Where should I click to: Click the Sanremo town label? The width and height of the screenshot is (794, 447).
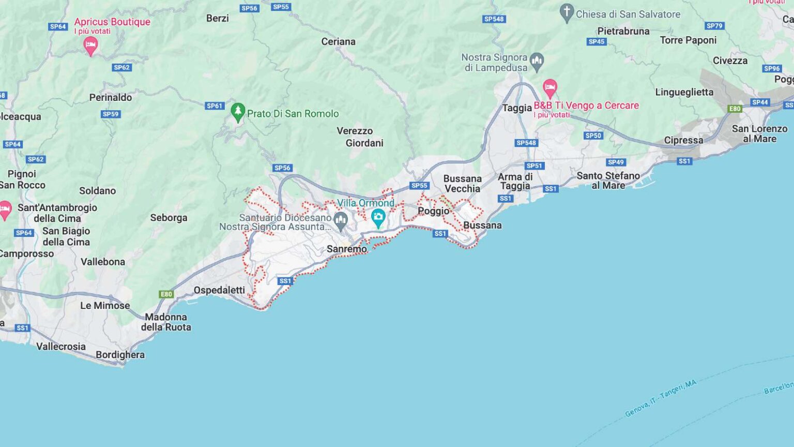tap(347, 249)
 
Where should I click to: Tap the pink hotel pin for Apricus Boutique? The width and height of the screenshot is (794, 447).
tap(90, 46)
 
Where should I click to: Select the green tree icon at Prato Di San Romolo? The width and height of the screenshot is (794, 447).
tap(238, 112)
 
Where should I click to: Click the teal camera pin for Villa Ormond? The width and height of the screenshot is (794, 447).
tap(378, 217)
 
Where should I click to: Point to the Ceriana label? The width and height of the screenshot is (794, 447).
tap(338, 41)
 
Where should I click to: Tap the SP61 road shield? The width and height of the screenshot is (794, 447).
tap(215, 106)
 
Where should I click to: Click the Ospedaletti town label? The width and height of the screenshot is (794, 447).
tap(219, 290)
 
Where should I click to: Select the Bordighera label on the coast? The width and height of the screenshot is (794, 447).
tap(120, 355)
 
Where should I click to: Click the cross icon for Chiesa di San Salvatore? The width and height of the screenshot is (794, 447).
tap(567, 12)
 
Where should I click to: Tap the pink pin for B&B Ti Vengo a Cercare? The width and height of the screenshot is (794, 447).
tap(549, 87)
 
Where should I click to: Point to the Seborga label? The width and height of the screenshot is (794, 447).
tap(169, 218)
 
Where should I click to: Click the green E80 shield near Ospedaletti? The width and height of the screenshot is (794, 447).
tap(166, 294)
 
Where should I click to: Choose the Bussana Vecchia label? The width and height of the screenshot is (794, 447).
tap(462, 184)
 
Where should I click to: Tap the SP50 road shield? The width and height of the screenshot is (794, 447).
tap(593, 136)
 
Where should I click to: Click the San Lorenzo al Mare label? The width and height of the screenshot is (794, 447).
tap(759, 133)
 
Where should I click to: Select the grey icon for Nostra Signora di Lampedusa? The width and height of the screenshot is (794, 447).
tap(537, 62)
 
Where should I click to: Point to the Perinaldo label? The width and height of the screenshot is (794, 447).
tap(111, 97)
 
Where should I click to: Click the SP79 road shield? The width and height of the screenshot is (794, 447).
tap(714, 26)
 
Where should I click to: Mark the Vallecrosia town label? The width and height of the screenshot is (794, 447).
tap(61, 347)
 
